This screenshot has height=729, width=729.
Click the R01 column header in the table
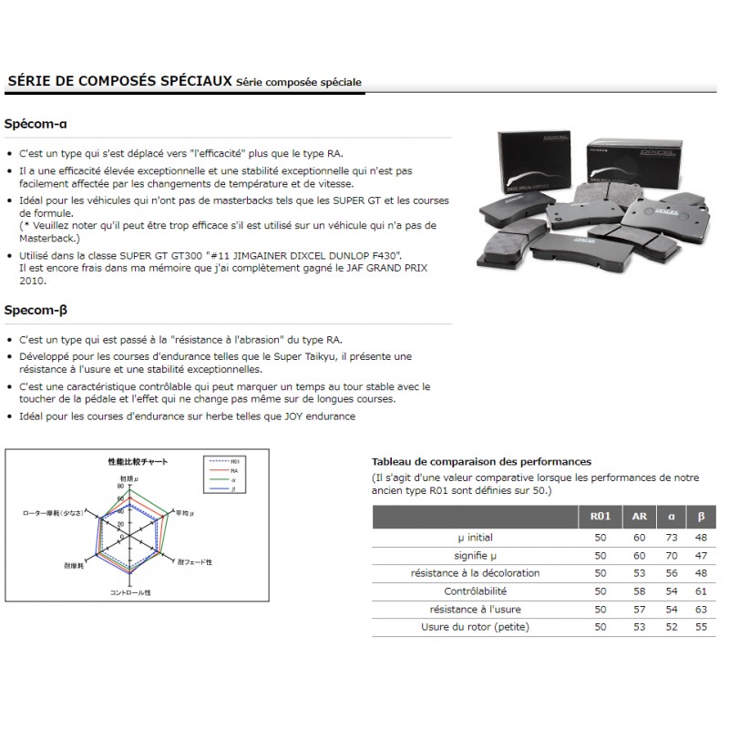pyautogui.click(x=601, y=517)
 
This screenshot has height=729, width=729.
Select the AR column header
pyautogui.click(x=639, y=517)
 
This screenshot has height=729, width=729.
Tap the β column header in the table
pyautogui.click(x=700, y=517)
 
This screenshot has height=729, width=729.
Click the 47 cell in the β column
pyautogui.click(x=700, y=556)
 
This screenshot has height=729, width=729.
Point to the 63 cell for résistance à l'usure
pyautogui.click(x=700, y=609)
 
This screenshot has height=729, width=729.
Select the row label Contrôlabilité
pyautogui.click(x=474, y=591)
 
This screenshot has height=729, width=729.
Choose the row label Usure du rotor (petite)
pyautogui.click(x=474, y=627)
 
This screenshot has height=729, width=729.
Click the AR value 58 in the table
pyautogui.click(x=639, y=591)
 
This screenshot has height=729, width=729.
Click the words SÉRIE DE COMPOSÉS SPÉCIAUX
pyautogui.click(x=119, y=81)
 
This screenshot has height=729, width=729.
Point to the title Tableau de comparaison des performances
pyautogui.click(x=482, y=462)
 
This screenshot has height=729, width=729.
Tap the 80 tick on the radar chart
pyautogui.click(x=119, y=487)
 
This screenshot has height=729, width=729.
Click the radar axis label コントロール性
pyautogui.click(x=130, y=593)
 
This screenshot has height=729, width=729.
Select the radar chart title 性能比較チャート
pyautogui.click(x=138, y=462)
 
